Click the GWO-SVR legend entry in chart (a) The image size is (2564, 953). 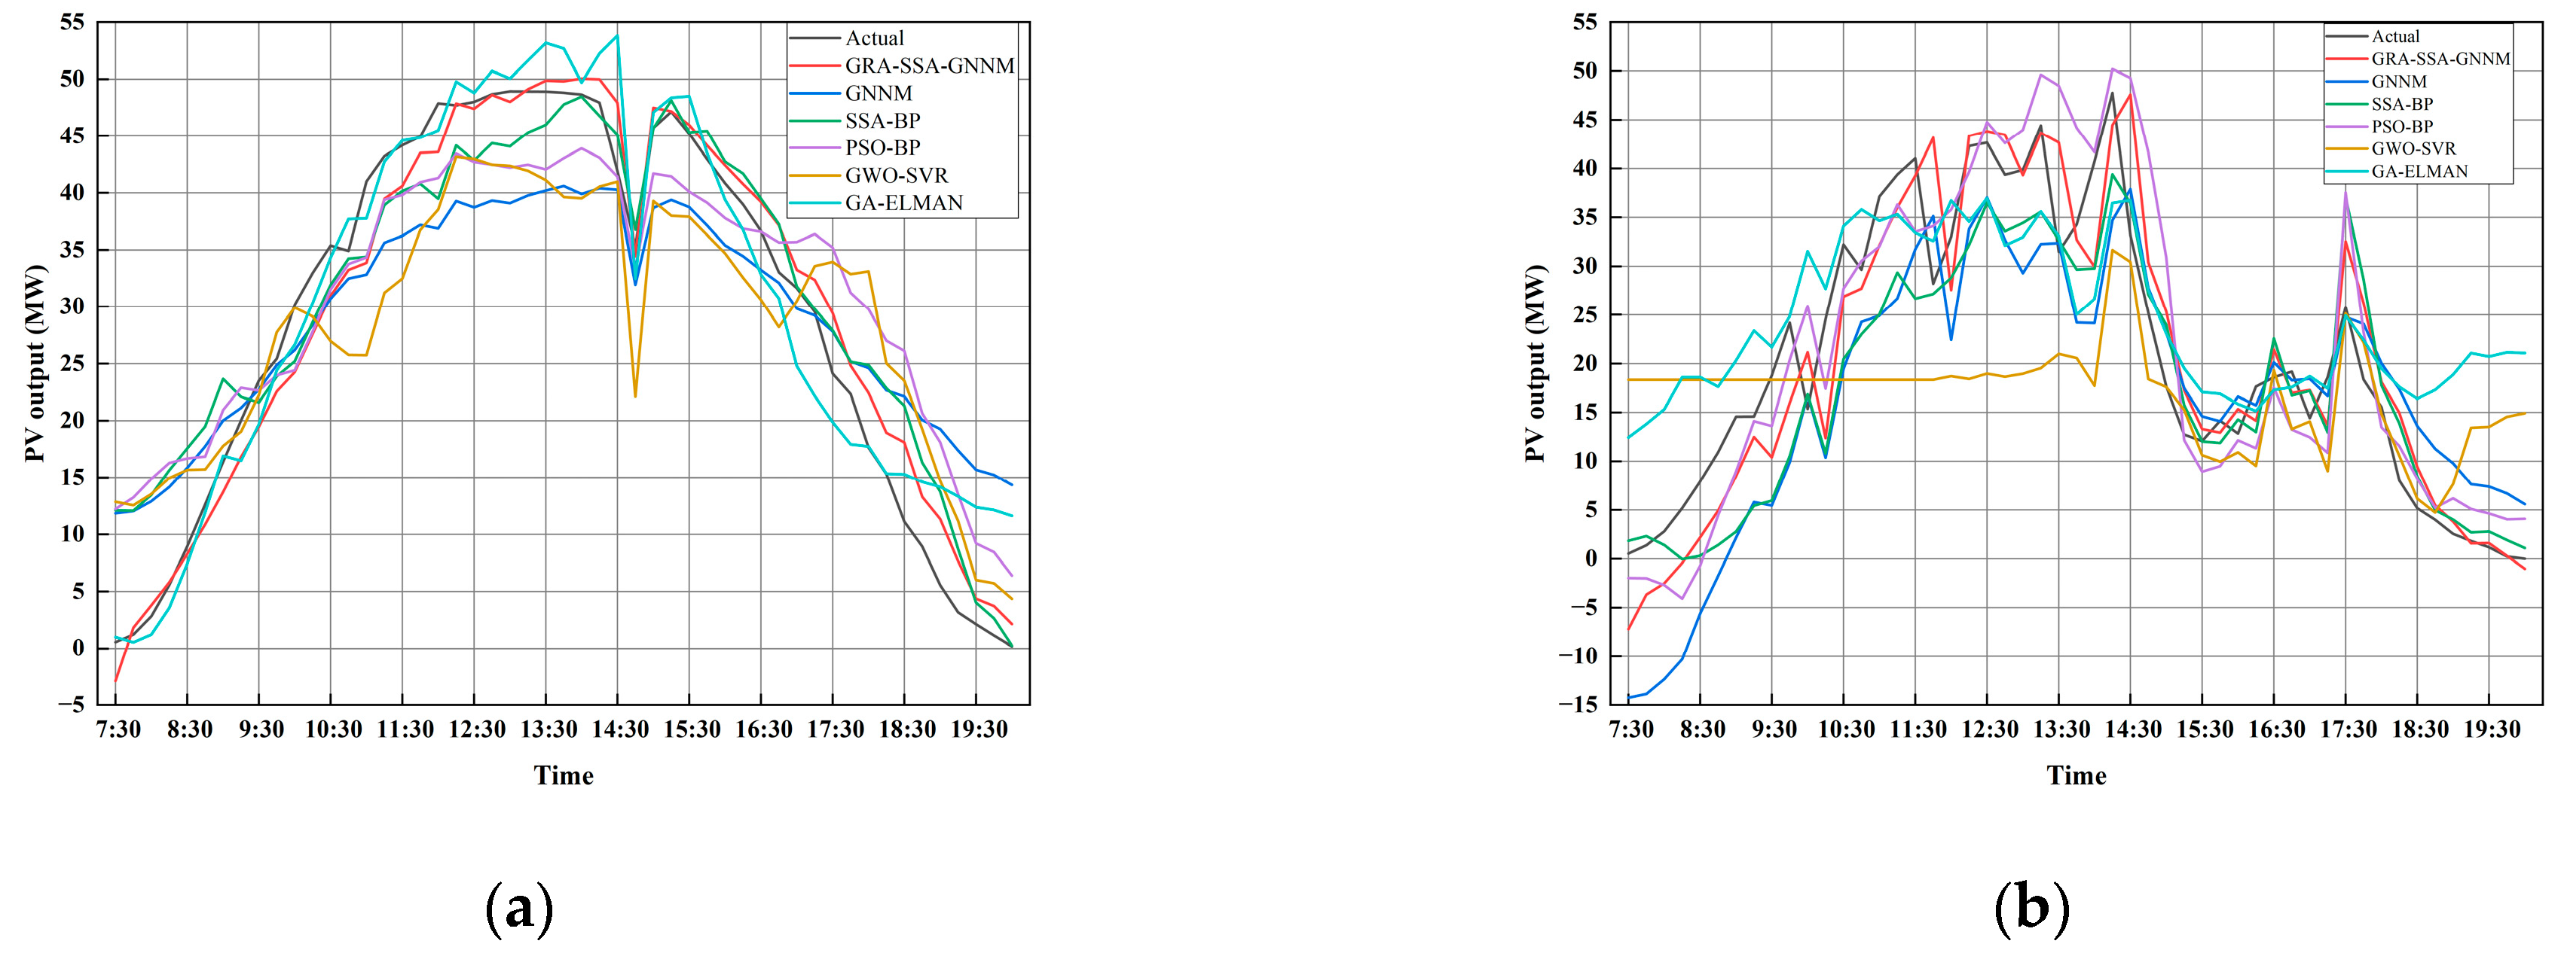[x=896, y=175]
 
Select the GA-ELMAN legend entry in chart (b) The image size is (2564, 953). [x=2419, y=171]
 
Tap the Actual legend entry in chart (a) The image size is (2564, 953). [x=874, y=38]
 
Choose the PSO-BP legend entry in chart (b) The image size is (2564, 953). [x=2402, y=126]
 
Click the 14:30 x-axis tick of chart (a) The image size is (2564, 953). [x=620, y=729]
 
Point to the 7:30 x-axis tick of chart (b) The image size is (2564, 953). [x=1630, y=729]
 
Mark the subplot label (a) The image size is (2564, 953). [x=518, y=907]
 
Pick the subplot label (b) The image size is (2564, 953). [x=2031, y=907]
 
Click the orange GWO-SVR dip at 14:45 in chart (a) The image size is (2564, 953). [x=635, y=396]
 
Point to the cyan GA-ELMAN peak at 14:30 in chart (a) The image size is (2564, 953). [x=617, y=36]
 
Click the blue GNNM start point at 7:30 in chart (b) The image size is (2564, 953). [x=1630, y=696]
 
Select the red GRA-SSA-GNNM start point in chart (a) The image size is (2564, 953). [x=115, y=680]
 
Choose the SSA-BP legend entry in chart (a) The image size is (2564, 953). [x=882, y=120]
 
